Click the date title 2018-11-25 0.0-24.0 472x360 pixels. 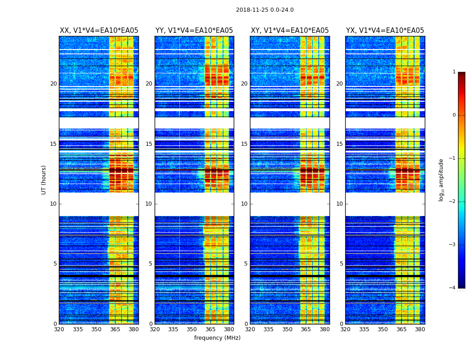(265, 10)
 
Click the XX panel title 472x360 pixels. (99, 31)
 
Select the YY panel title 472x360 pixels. (194, 31)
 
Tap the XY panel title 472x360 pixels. (289, 31)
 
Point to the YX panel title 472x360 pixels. (385, 31)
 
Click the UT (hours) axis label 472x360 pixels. (44, 180)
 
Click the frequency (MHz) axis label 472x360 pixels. (217, 338)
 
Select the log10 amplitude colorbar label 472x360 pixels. (441, 180)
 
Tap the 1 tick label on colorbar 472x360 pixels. (454, 72)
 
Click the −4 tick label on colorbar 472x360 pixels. (452, 288)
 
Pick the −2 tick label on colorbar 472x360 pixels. (452, 202)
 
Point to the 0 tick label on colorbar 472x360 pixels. (454, 115)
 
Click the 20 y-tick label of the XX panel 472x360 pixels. (53, 84)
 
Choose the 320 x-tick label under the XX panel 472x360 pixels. (59, 329)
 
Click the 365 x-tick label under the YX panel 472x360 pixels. (401, 329)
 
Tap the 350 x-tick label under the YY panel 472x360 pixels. (192, 329)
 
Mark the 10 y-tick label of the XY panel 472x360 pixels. (244, 204)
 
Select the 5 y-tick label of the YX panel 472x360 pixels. (341, 264)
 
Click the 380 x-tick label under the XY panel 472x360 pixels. (325, 329)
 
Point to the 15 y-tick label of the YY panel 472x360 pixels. (149, 144)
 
